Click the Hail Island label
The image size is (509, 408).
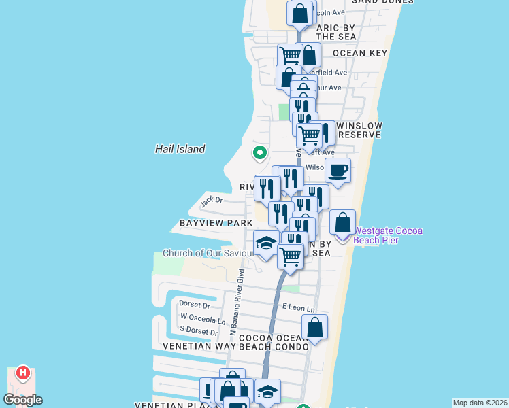pos(180,149)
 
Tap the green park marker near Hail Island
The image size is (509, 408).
pos(259,152)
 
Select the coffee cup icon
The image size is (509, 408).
pos(338,171)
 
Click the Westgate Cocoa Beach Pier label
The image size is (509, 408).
pos(389,235)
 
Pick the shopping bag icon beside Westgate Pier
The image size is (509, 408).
pos(343,222)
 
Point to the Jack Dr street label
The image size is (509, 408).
pos(212,201)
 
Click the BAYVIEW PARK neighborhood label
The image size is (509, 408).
pos(206,223)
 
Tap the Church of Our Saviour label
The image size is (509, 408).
pos(208,254)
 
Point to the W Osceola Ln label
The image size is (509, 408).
pos(202,319)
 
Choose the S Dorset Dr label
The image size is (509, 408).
pos(199,331)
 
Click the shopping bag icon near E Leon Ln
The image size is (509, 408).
pos(314,327)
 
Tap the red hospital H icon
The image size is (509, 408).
pos(23,372)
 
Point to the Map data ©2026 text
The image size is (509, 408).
pos(480,403)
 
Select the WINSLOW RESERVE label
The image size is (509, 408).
pos(359,130)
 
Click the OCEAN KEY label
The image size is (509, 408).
pos(359,52)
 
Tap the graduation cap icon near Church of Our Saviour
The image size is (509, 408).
pos(266,243)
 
